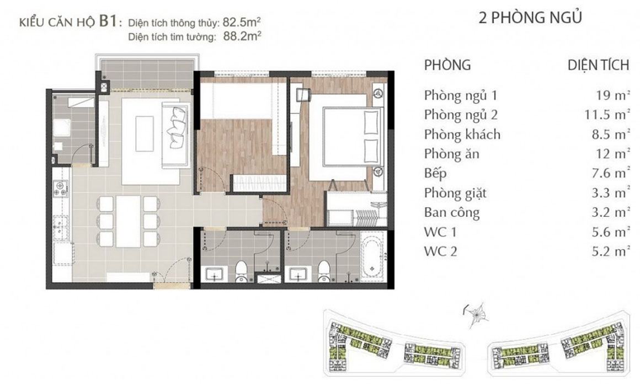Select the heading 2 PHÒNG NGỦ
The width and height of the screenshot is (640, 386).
click(x=530, y=18)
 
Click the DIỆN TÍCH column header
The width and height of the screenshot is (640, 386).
click(x=599, y=65)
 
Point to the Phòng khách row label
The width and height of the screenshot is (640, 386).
click(x=462, y=134)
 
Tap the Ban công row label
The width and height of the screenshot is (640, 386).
click(x=452, y=212)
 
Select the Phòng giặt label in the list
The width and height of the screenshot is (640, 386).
click(x=455, y=193)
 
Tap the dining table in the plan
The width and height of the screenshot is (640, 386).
click(x=128, y=221)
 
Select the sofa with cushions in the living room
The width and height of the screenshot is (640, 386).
click(x=176, y=135)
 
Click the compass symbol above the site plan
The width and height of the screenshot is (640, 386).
click(x=476, y=314)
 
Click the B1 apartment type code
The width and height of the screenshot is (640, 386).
click(x=109, y=21)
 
